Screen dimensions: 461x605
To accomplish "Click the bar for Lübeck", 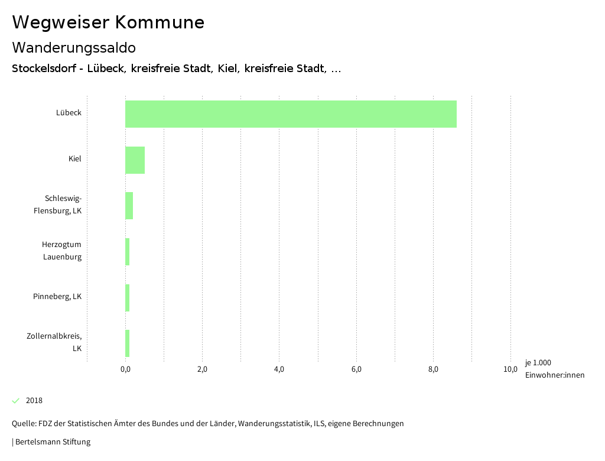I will (291, 114).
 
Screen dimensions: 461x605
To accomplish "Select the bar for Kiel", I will (135, 160).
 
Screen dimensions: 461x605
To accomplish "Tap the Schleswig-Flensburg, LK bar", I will (129, 206).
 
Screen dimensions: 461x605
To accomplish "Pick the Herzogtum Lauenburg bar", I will (127, 252).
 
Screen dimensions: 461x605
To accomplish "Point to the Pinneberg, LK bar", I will (127, 298).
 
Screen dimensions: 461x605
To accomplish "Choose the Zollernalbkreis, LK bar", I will (127, 343).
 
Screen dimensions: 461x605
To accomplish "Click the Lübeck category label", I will (69, 113).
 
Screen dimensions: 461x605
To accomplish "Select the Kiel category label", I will (74, 159).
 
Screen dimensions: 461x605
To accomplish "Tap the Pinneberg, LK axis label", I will (57, 297).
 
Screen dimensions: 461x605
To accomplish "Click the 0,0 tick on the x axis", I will (125, 370).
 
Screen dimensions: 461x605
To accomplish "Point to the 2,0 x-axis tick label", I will (202, 370).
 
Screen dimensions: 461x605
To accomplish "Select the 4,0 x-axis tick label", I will (279, 370).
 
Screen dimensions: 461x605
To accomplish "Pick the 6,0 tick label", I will (356, 370).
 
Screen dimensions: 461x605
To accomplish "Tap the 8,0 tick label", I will (433, 370).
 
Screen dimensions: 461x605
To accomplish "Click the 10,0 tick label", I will (510, 370).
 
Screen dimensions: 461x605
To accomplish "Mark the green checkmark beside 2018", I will (16, 401).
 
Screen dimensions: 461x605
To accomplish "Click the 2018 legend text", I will (34, 401).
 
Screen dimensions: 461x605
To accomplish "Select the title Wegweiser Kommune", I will (108, 22).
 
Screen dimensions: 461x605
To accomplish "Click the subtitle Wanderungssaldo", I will (74, 48).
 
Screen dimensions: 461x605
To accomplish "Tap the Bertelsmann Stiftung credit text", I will (53, 442).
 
